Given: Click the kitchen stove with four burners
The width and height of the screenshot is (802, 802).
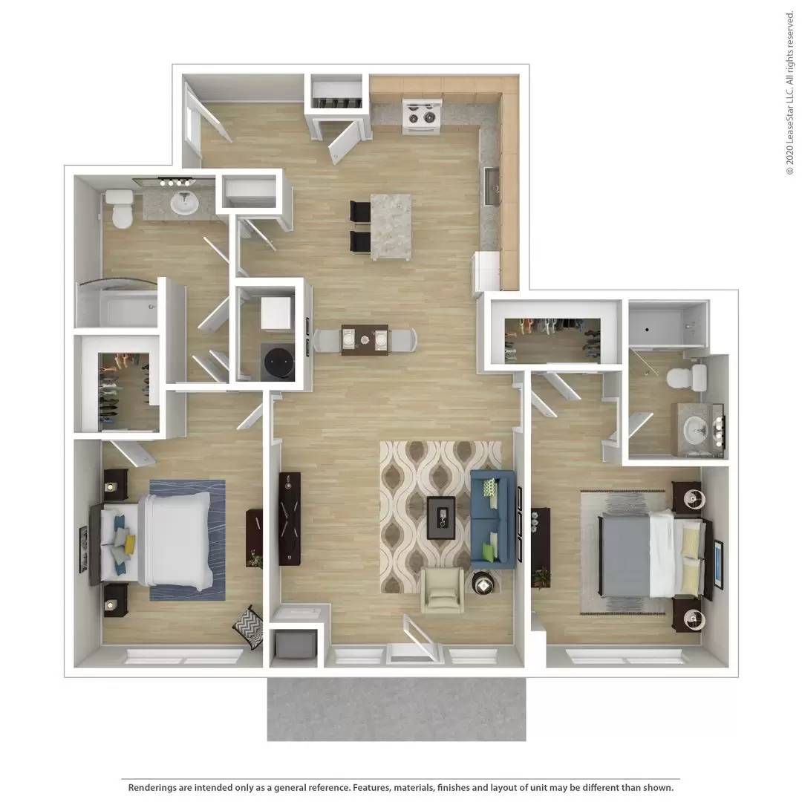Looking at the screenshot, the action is [x=422, y=116].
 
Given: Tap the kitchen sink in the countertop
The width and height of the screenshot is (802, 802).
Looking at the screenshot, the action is [x=492, y=186].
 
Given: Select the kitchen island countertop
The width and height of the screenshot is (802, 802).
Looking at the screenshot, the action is [x=391, y=226].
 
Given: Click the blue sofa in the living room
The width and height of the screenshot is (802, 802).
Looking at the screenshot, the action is [x=492, y=519].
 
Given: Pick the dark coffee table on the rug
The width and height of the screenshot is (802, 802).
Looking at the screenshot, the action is [x=441, y=517].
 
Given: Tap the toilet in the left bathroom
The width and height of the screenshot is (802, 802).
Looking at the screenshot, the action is [x=120, y=208].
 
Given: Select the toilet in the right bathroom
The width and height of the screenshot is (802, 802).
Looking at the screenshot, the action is [x=686, y=378].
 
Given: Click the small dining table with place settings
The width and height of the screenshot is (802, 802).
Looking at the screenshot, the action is [x=365, y=339].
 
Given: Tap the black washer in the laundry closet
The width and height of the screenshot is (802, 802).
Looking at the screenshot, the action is [x=278, y=362].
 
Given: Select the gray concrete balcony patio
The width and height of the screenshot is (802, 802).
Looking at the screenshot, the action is [x=397, y=708].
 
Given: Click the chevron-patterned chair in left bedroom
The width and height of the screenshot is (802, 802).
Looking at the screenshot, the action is [x=249, y=627].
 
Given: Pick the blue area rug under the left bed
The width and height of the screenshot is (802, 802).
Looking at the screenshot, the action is [x=187, y=540].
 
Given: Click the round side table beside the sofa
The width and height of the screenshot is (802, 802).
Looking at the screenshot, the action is [x=482, y=583].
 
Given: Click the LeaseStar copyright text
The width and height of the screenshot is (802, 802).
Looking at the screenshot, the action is [x=789, y=93].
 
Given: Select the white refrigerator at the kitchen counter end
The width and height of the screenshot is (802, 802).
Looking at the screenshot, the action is [x=486, y=272].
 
